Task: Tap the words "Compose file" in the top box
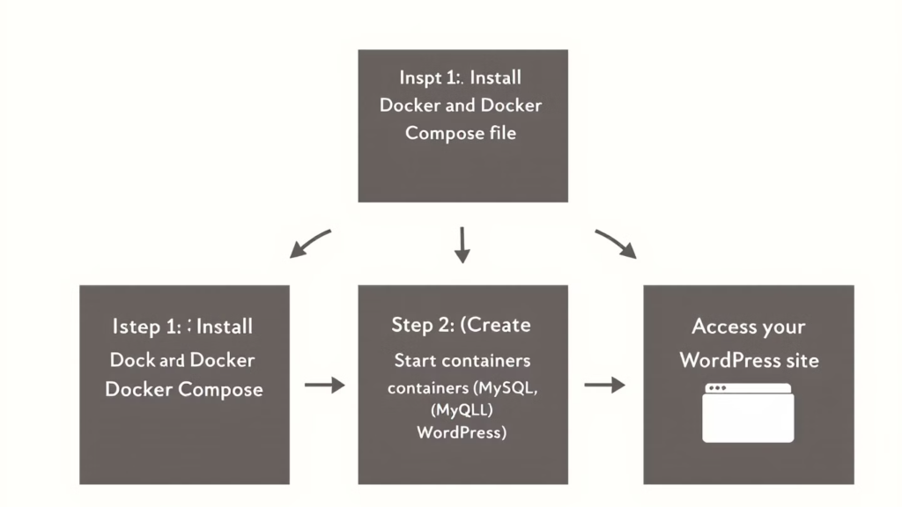point(461,134)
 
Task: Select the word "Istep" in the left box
point(136,327)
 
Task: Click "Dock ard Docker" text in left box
point(182,360)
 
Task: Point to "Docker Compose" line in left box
point(184,389)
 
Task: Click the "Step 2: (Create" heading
point(462,325)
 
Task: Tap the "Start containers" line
point(462,360)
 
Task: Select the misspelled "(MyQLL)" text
point(462,410)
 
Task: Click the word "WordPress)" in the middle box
point(462,432)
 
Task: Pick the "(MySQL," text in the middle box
point(506,388)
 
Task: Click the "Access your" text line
point(749,327)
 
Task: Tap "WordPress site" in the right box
point(749,360)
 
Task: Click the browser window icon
point(749,413)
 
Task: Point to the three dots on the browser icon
point(717,388)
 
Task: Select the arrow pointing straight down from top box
point(462,245)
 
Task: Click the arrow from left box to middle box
point(324,385)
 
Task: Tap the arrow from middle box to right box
point(604,385)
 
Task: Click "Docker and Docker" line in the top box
point(461,106)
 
